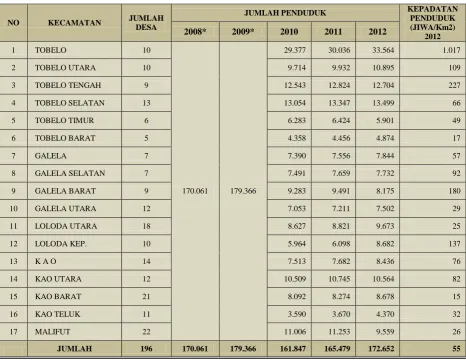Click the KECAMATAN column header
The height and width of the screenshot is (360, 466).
pyautogui.click(x=74, y=23)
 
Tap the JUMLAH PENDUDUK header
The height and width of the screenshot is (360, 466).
pyautogui.click(x=285, y=13)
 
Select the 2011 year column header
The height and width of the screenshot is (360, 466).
pyautogui.click(x=333, y=32)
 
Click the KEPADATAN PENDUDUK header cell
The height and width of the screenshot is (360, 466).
pyautogui.click(x=432, y=22)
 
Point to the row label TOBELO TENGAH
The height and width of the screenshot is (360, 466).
pyautogui.click(x=68, y=85)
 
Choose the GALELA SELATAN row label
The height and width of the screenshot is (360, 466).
pyautogui.click(x=70, y=173)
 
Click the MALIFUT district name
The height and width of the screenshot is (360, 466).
pyautogui.click(x=53, y=332)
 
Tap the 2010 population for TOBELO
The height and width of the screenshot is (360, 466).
pyautogui.click(x=295, y=50)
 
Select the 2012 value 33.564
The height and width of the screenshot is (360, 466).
pyautogui.click(x=383, y=50)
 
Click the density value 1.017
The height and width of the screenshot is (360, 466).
pyautogui.click(x=452, y=50)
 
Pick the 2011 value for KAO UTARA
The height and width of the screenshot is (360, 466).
pyautogui.click(x=339, y=279)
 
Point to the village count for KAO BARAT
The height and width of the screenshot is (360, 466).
pyautogui.click(x=146, y=297)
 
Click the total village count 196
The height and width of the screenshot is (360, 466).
pyautogui.click(x=146, y=349)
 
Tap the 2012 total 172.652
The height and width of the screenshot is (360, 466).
pyautogui.click(x=381, y=349)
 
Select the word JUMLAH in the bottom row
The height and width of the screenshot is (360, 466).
pyautogui.click(x=74, y=349)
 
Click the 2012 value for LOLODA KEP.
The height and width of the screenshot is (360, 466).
pyautogui.click(x=385, y=244)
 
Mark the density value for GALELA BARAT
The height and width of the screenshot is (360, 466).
pyautogui.click(x=455, y=191)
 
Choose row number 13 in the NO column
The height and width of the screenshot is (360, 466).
pyautogui.click(x=13, y=261)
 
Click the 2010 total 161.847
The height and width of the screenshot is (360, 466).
pyautogui.click(x=293, y=349)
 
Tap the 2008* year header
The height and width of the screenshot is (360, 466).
pyautogui.click(x=195, y=32)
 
